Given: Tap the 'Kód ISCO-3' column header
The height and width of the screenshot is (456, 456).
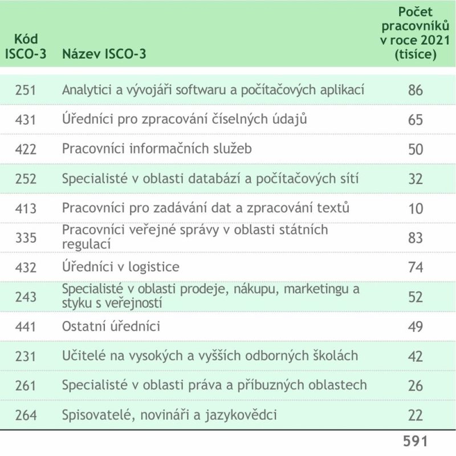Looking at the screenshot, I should coord(26,48).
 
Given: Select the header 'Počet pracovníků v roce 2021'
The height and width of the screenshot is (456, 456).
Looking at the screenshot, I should coord(416,34).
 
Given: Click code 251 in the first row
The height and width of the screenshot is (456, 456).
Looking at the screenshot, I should coord(26,90).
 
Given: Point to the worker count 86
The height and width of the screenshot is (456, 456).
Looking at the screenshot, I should coord(416,90).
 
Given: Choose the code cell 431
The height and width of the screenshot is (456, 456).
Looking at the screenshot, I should coord(26,120).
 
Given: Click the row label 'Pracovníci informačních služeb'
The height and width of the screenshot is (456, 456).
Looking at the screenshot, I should coord(157,149).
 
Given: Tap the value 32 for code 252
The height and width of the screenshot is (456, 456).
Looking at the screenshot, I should coord(416,179).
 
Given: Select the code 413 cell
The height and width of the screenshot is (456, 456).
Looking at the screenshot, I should coord(26,208).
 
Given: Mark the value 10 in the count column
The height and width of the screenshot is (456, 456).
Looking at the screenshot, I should coord(416,208).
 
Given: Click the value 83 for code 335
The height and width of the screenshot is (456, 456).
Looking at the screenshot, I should coord(416,238).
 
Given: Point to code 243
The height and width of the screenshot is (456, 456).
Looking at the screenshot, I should coord(26,296).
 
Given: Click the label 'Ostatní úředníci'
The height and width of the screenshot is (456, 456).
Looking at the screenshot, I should coord(111,326).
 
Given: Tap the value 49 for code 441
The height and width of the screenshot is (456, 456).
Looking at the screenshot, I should coord(416,326).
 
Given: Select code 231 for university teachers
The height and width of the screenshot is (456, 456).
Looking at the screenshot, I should coord(26,356).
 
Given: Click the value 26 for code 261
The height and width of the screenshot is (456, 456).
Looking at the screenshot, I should coord(416,385).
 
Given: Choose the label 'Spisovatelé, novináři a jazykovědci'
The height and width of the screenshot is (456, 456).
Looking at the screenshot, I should coord(169,415).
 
